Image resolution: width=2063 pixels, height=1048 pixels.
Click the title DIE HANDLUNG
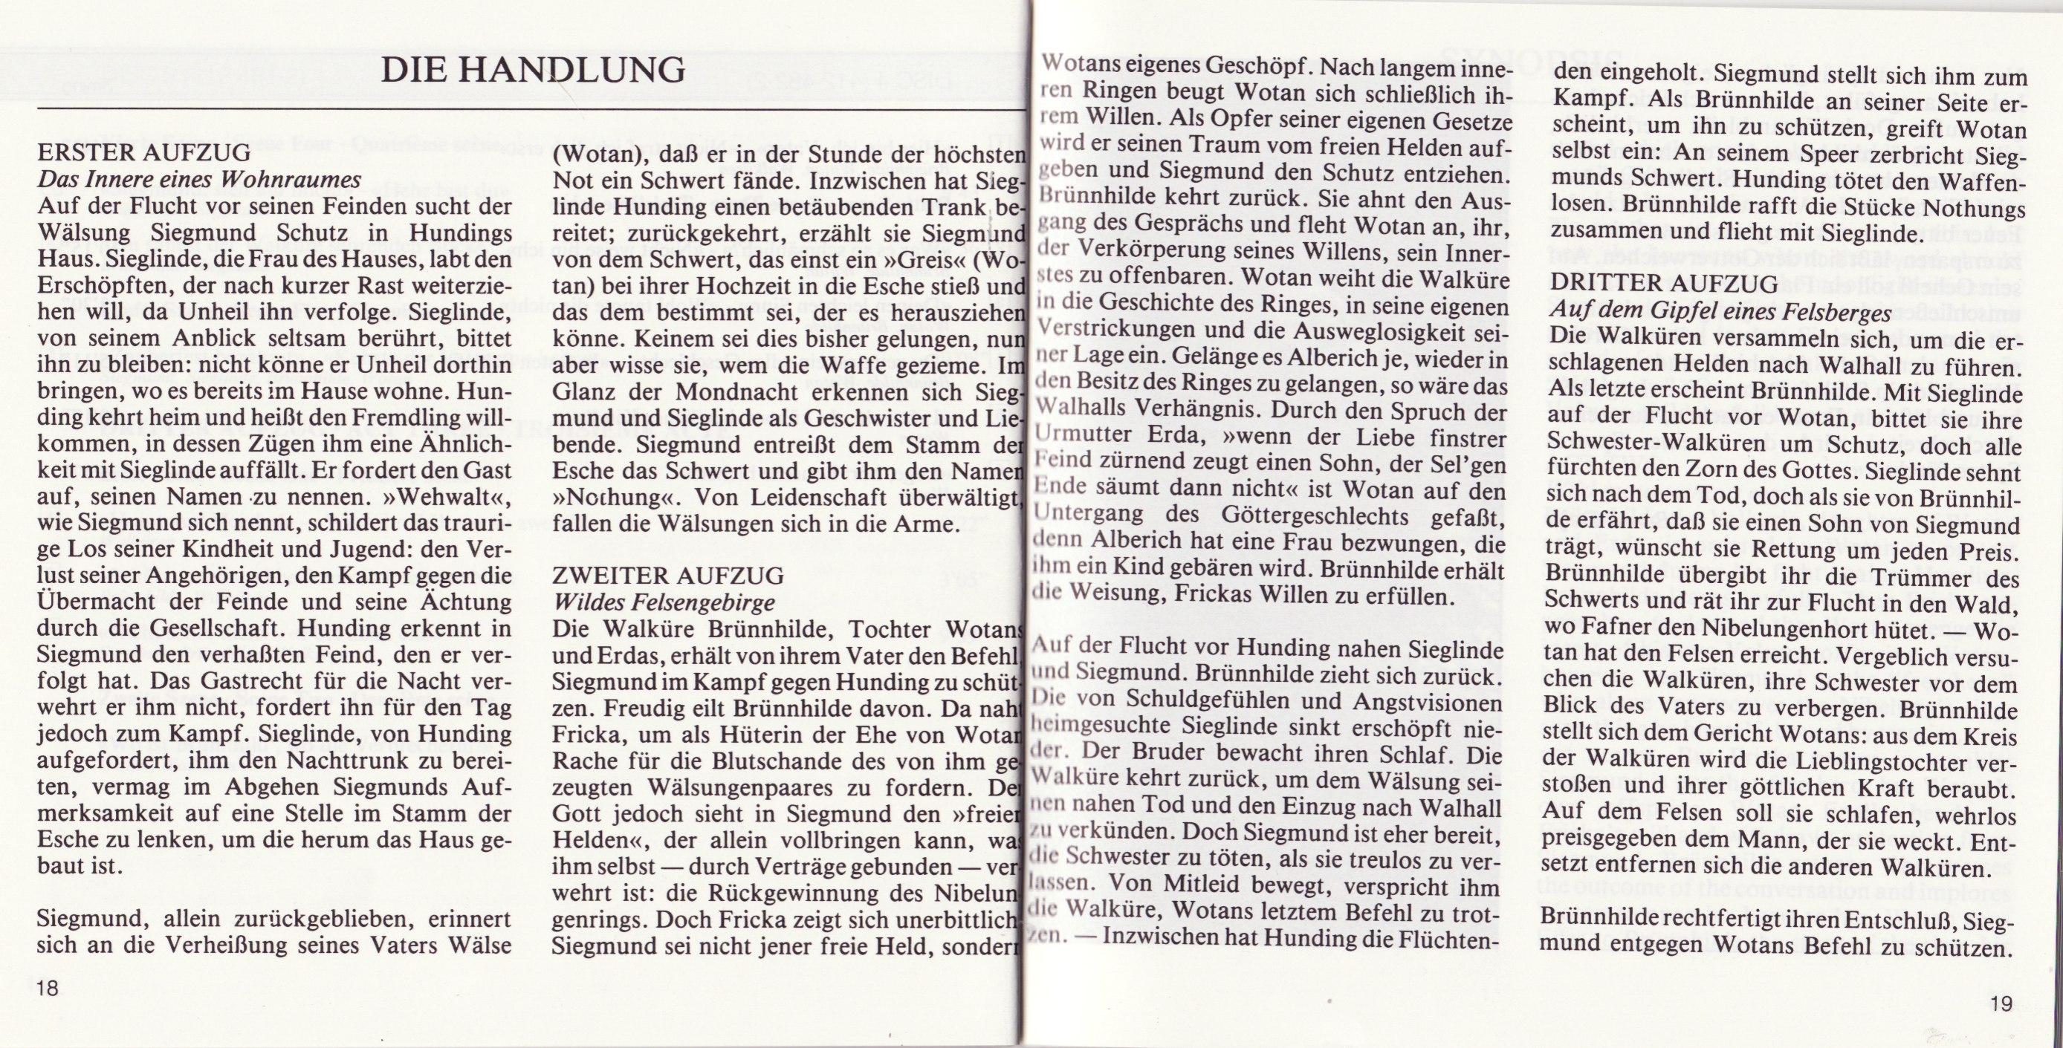point(534,71)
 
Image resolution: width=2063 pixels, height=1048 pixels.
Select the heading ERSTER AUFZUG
point(144,152)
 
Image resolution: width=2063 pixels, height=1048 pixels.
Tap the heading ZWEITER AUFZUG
point(668,576)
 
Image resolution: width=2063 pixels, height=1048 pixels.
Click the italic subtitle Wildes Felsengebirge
point(664,602)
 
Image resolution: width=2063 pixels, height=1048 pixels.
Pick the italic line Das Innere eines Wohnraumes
point(198,179)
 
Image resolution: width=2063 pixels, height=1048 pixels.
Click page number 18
point(48,988)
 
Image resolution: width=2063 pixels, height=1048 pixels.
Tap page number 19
point(2000,1003)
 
